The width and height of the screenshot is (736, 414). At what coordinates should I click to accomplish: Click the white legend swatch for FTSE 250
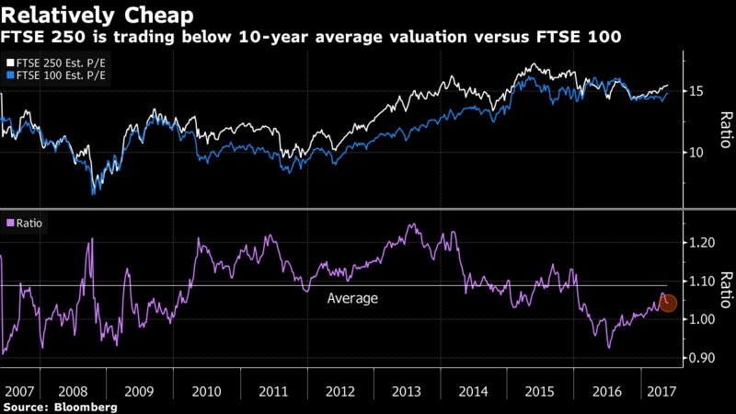tap(9, 62)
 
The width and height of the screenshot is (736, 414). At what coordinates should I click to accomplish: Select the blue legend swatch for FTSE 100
tap(9, 75)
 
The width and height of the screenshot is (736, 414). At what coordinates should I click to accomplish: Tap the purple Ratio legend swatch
tap(9, 223)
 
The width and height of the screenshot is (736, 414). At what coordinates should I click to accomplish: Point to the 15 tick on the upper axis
tap(696, 91)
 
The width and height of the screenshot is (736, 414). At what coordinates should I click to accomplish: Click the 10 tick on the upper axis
tap(696, 152)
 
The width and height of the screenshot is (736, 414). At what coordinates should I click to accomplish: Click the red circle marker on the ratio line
tap(669, 303)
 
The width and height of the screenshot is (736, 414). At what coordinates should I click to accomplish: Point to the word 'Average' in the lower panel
tap(353, 298)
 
